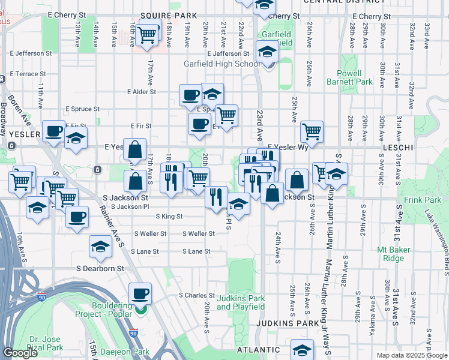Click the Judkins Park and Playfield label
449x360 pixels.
(x=240, y=302)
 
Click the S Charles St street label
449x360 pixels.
(x=196, y=295)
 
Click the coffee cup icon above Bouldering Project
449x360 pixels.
(x=140, y=293)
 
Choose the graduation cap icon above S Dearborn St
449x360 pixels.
(x=100, y=246)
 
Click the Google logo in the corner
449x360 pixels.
(x=20, y=353)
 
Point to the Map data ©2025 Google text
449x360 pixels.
(x=411, y=355)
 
